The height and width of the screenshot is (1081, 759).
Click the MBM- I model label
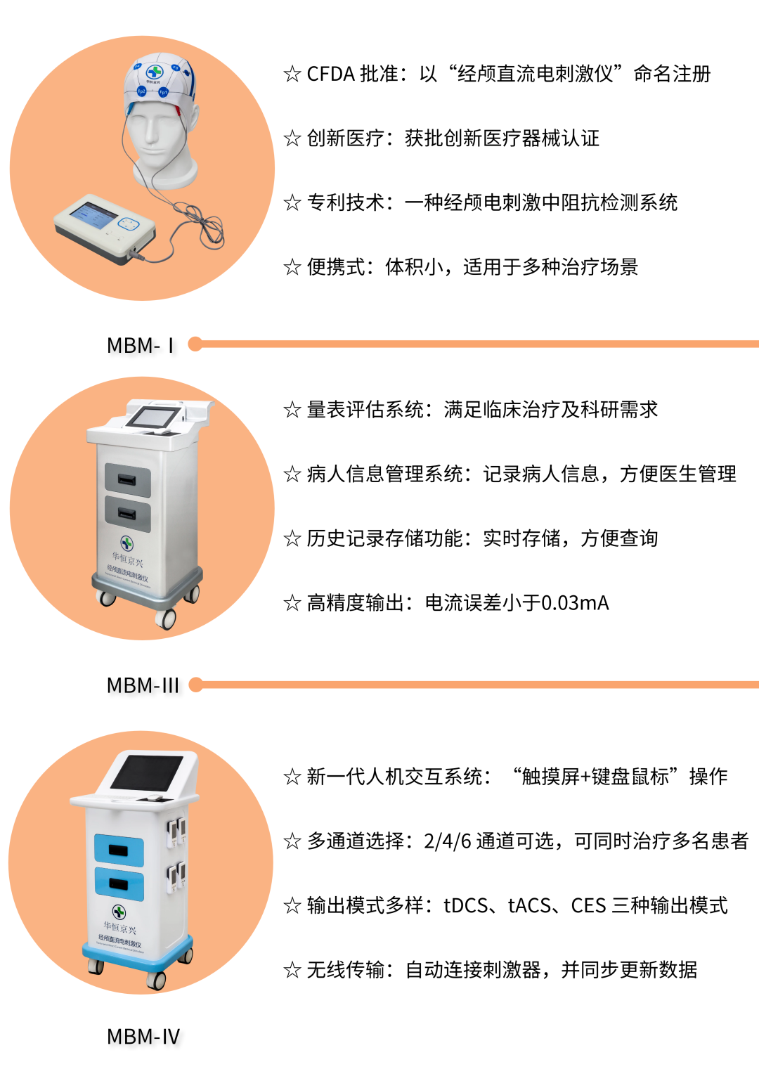pyautogui.click(x=141, y=346)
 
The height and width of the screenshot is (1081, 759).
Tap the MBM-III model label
pyautogui.click(x=143, y=685)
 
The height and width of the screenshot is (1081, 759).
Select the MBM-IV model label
pyautogui.click(x=143, y=1037)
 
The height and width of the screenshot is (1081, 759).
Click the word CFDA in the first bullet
pyautogui.click(x=331, y=74)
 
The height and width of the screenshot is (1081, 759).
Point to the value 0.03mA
pyautogui.click(x=575, y=603)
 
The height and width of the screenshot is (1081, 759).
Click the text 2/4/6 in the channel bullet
pyautogui.click(x=447, y=841)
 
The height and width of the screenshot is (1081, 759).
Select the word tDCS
pyautogui.click(x=465, y=906)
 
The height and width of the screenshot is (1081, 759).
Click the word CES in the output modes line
pyautogui.click(x=588, y=906)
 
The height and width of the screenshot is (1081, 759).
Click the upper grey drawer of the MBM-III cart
pyautogui.click(x=128, y=480)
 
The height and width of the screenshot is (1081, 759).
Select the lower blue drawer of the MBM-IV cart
pyautogui.click(x=119, y=884)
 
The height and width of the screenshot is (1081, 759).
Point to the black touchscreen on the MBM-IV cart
pyautogui.click(x=147, y=772)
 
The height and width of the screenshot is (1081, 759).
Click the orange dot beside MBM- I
pyautogui.click(x=195, y=344)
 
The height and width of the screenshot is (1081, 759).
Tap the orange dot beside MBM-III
pyautogui.click(x=196, y=685)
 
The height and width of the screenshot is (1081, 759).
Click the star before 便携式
pyautogui.click(x=292, y=267)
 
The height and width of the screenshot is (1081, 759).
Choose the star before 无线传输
pyautogui.click(x=292, y=971)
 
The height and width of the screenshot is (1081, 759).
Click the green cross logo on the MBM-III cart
pyautogui.click(x=126, y=543)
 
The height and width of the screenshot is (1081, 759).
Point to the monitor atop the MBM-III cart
pyautogui.click(x=153, y=417)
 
